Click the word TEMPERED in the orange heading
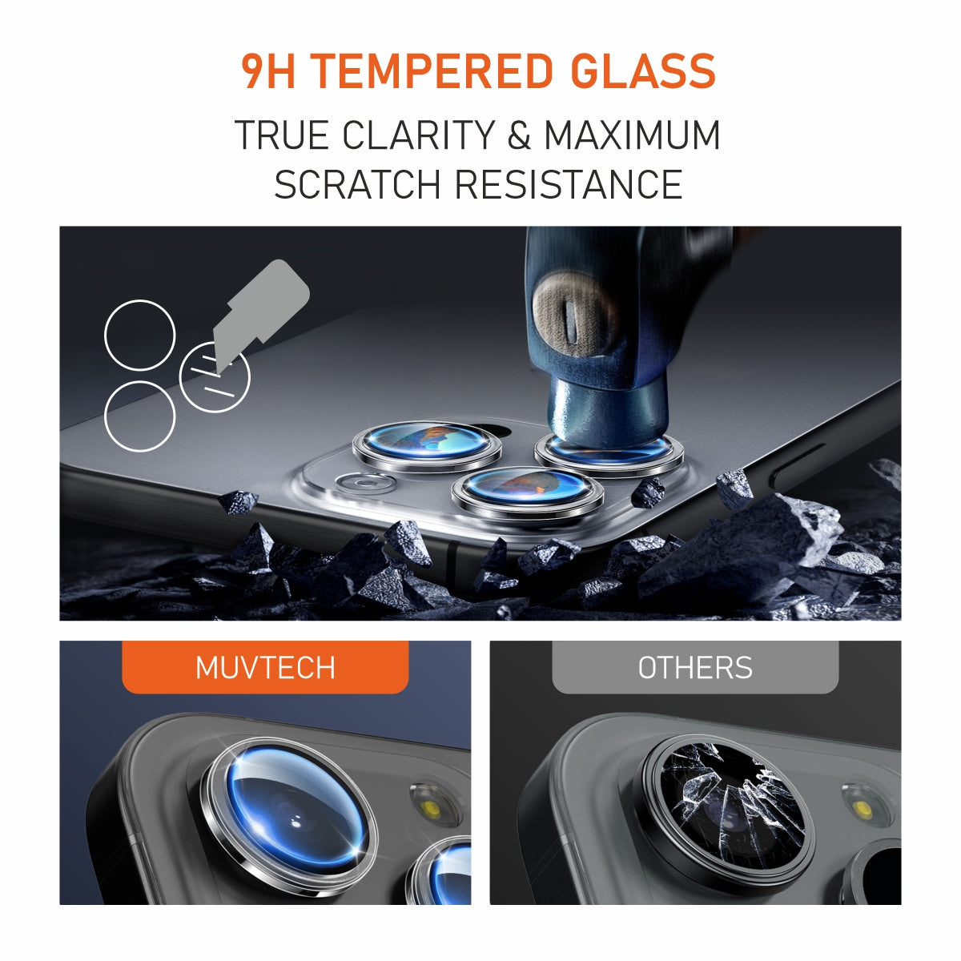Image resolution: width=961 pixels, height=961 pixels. (432, 71)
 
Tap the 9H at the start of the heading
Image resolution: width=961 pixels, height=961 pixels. (267, 71)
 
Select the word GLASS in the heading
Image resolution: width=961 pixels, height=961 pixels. (643, 71)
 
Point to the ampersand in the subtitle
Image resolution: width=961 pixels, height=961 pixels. (519, 135)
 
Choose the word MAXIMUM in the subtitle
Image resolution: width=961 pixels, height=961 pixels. (632, 135)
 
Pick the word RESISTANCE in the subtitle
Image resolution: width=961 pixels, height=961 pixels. (569, 184)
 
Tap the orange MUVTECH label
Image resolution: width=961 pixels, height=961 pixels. (265, 667)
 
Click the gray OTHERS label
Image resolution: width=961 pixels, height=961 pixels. (695, 667)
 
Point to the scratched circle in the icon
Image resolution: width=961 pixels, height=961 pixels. (215, 378)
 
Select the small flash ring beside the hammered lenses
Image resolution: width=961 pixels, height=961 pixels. (364, 482)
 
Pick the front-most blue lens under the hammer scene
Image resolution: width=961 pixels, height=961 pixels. (527, 489)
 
